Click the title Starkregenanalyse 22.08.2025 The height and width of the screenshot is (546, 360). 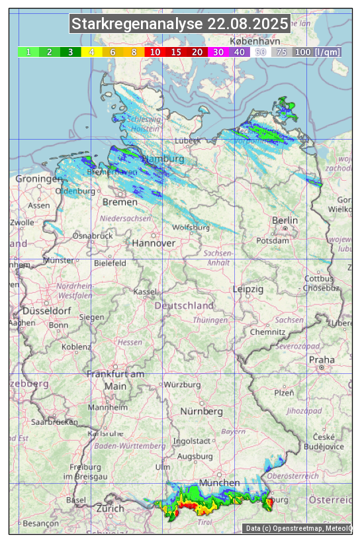(180, 24)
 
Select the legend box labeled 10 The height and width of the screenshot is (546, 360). (155, 52)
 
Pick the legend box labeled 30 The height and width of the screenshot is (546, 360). (218, 52)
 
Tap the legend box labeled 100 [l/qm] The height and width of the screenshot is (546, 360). (317, 52)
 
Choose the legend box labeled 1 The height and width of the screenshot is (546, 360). (28, 52)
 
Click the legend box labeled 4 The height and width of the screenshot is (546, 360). (91, 52)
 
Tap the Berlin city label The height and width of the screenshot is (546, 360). (285, 220)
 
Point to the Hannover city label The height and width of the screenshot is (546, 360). (154, 243)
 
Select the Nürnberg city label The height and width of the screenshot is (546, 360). (202, 411)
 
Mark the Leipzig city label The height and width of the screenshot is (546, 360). (248, 289)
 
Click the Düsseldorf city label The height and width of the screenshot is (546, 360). (46, 310)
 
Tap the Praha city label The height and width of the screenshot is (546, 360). (322, 359)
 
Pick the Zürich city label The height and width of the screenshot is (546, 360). (110, 508)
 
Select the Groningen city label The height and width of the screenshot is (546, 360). (38, 179)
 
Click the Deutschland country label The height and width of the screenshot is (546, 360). (184, 305)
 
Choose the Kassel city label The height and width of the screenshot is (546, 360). (145, 291)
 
